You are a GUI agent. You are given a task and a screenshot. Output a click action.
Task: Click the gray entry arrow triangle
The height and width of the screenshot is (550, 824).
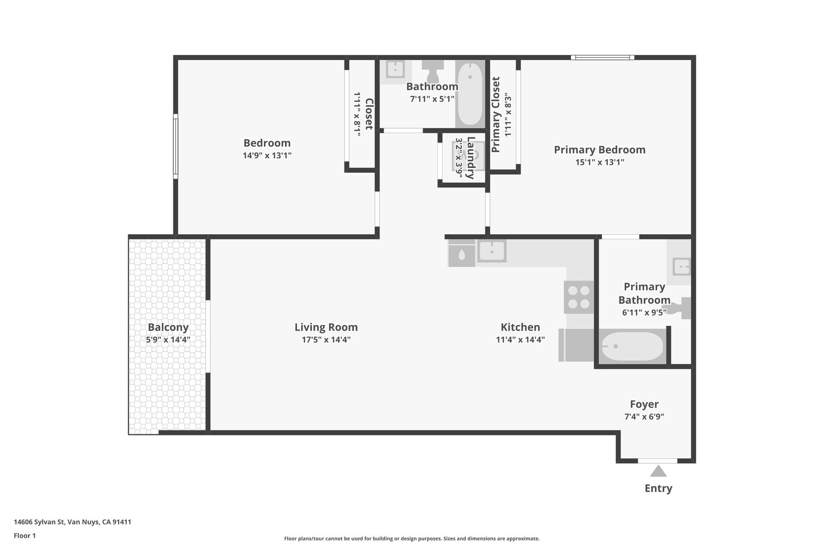point(658,471)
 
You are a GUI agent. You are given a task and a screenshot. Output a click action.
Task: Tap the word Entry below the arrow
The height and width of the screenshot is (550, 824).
point(658,488)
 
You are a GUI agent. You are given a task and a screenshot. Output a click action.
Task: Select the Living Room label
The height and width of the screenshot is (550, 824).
point(326,327)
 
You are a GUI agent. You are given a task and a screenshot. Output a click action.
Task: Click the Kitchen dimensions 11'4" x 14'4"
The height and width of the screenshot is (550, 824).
point(520,339)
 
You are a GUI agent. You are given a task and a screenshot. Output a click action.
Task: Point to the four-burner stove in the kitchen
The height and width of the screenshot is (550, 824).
point(579,297)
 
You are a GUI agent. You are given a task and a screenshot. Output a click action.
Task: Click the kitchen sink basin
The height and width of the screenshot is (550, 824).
point(492,251)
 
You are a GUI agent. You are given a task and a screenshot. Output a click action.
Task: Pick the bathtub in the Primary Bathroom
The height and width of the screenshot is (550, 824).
point(632,346)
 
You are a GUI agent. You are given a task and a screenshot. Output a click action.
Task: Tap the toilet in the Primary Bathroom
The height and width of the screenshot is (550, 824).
point(677,308)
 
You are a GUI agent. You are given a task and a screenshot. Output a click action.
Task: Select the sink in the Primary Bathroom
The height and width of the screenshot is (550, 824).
point(682,266)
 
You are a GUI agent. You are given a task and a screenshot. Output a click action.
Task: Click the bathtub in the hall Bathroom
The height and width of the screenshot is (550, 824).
point(470,94)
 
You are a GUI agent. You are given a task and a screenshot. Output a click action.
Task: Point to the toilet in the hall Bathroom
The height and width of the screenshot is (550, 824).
point(432,71)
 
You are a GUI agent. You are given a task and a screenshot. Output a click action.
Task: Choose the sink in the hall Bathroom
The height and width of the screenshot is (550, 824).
point(395,69)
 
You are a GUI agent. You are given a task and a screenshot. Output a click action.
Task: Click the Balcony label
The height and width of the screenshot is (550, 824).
point(168,327)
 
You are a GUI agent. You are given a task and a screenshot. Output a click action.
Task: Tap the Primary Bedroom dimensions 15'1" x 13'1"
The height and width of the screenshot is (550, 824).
point(600,162)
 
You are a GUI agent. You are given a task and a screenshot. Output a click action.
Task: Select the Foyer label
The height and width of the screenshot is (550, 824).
point(644,404)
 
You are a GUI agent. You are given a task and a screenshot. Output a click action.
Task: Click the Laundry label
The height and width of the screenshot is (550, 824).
point(471,158)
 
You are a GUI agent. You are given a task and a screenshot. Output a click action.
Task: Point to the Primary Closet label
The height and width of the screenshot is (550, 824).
point(496,115)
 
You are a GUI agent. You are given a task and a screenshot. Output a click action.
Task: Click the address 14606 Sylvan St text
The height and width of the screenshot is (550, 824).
point(40,522)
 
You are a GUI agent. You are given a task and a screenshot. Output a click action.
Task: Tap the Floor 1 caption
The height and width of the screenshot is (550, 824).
point(24,536)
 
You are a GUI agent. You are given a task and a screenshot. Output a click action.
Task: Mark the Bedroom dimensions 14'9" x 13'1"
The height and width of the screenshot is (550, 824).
point(267,155)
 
